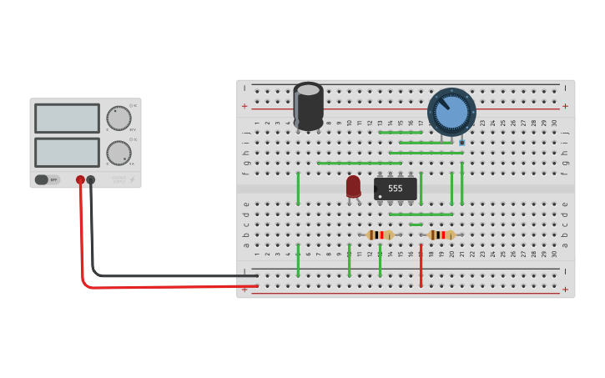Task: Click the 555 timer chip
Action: (396, 189)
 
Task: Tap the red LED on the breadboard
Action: (354, 186)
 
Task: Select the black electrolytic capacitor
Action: (308, 106)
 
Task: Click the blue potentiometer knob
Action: (451, 113)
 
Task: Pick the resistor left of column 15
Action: (380, 235)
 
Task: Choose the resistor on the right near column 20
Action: (441, 235)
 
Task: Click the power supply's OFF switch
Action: (48, 179)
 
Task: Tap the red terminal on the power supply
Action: (80, 179)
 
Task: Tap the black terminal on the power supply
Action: (91, 179)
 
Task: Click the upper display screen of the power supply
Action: (67, 118)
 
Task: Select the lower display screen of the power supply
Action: (67, 152)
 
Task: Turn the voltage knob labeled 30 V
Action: (118, 118)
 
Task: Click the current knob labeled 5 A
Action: (118, 153)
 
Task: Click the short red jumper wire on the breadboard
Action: (421, 267)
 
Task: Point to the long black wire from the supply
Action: (167, 275)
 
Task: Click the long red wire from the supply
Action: (167, 286)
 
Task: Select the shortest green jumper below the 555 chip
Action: (416, 224)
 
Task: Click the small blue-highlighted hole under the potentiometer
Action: (461, 143)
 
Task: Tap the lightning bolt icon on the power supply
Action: (132, 179)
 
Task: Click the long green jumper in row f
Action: (359, 163)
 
